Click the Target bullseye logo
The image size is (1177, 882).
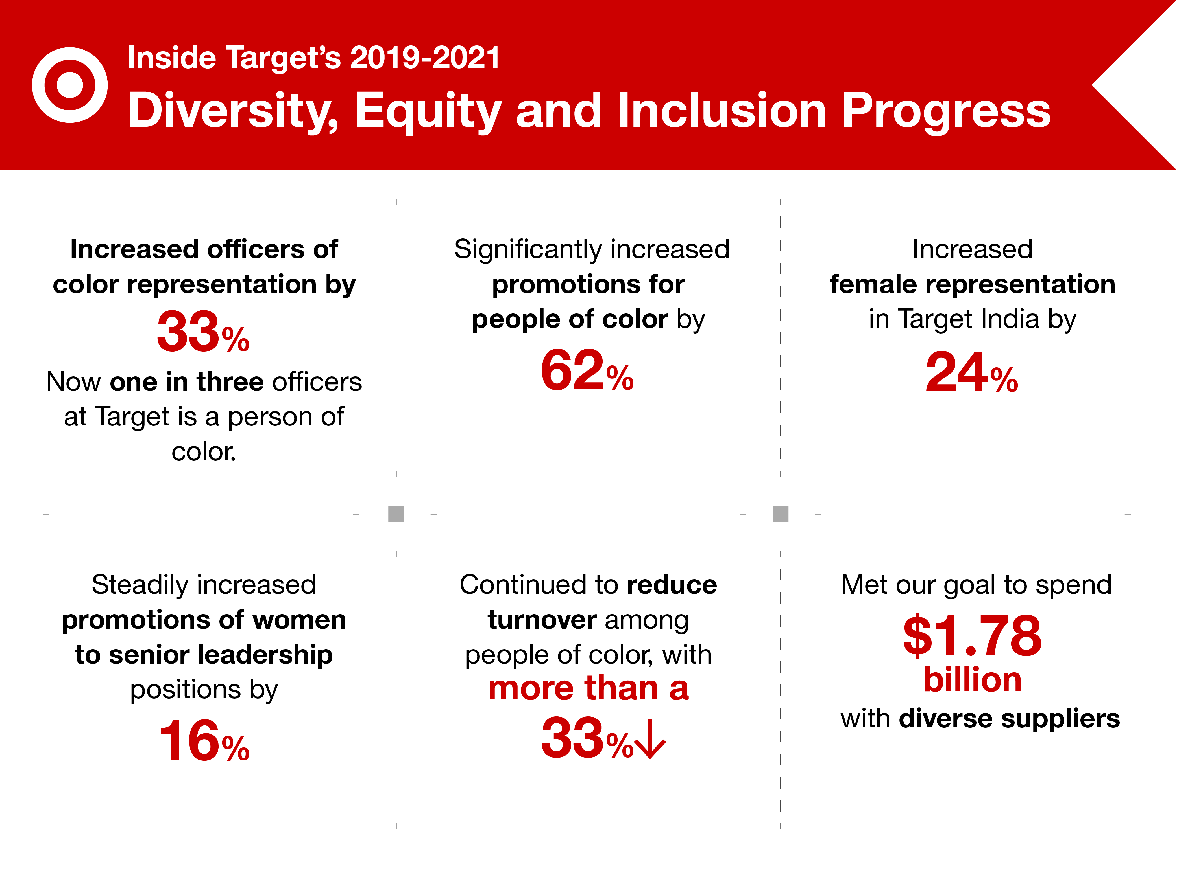pyautogui.click(x=70, y=85)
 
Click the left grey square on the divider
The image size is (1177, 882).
pyautogui.click(x=396, y=514)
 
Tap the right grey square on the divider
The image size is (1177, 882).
pyautogui.click(x=780, y=514)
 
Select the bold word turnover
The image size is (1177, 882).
pyautogui.click(x=542, y=620)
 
